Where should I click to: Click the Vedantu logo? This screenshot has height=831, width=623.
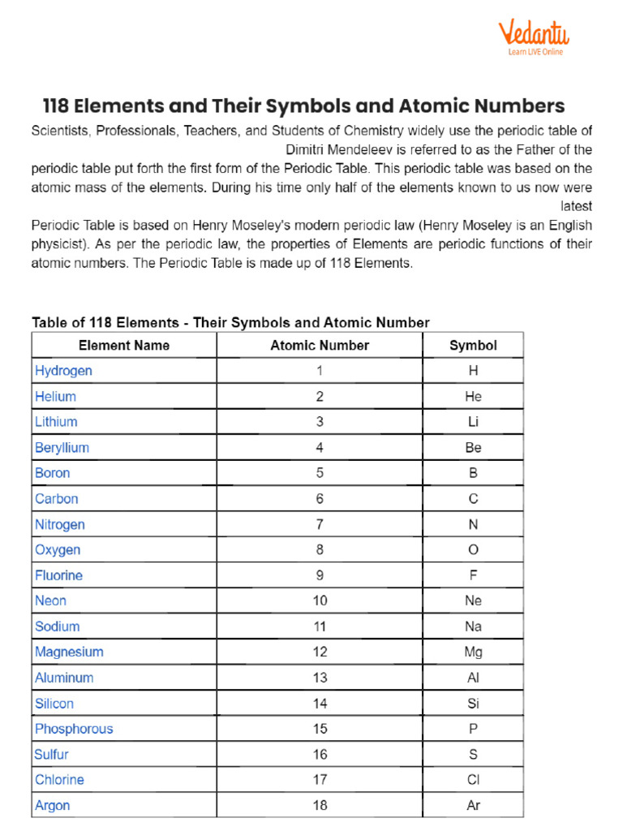tap(533, 37)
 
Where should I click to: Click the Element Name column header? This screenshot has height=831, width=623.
tap(124, 345)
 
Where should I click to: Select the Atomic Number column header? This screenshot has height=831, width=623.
tap(320, 345)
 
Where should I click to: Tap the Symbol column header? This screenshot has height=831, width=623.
tap(473, 345)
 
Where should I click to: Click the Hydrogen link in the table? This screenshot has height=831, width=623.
tap(63, 371)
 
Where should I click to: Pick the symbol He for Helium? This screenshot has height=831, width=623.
tap(473, 397)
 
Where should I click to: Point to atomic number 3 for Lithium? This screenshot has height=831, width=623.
tap(320, 422)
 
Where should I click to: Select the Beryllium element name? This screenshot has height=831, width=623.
tap(62, 448)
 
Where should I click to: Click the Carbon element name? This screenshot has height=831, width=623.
tap(57, 499)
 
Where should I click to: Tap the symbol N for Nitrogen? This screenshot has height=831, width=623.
tap(473, 524)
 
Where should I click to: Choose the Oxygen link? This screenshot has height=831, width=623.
tap(58, 550)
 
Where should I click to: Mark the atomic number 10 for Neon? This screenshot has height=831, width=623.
tap(320, 601)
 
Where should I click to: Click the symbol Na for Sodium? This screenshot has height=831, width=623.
tap(473, 626)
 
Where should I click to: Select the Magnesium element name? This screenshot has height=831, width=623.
tap(69, 652)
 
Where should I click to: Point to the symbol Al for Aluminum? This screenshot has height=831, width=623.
tap(473, 678)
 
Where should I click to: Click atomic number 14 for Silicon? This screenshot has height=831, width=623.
tap(320, 704)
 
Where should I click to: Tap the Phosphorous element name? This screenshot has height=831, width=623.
tap(74, 729)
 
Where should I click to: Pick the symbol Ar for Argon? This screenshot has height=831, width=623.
tap(473, 806)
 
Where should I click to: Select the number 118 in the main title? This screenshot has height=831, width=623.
tap(60, 106)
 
